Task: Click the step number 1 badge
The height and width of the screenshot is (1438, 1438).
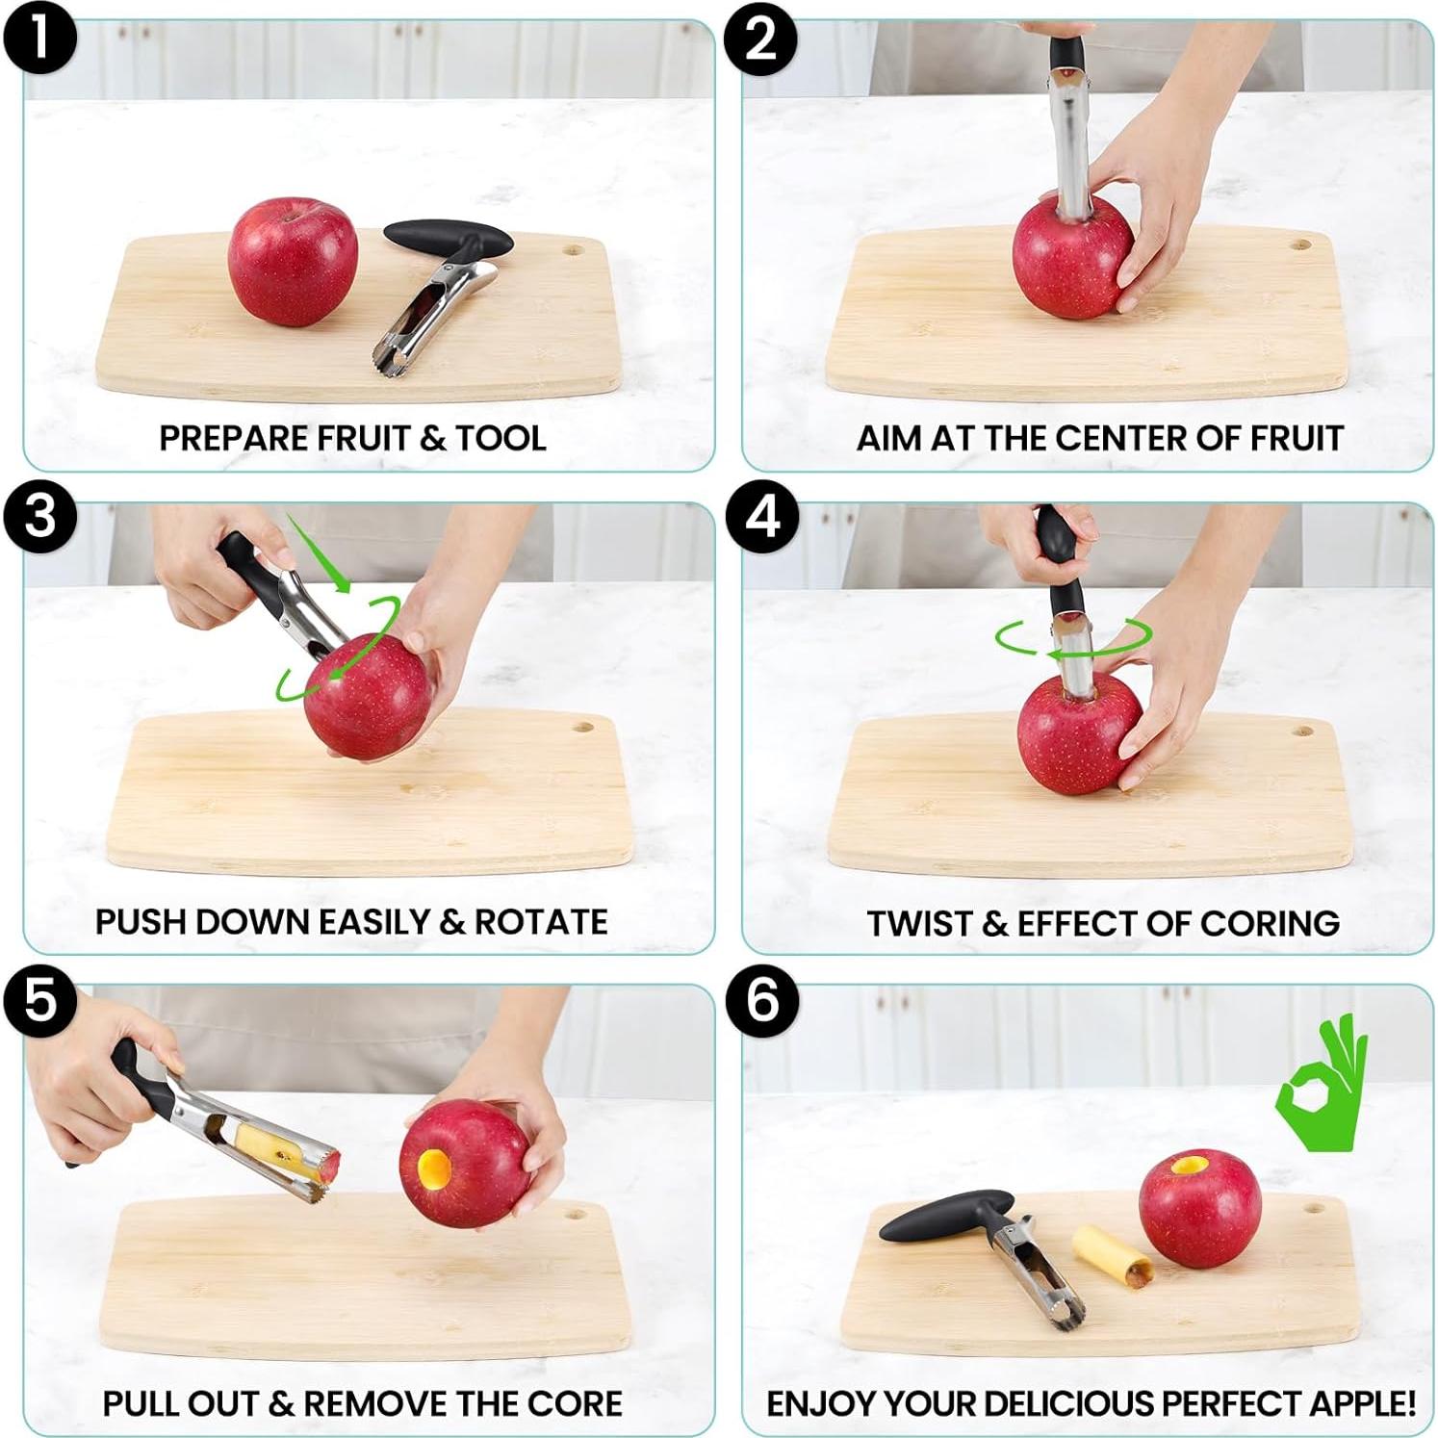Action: coord(39,39)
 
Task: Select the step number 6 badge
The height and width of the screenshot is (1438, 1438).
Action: coord(762,1000)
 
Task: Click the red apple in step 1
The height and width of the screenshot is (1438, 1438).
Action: coord(293,262)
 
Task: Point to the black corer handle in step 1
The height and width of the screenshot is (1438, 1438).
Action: coord(448,237)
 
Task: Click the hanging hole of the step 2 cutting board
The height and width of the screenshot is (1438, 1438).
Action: coord(1301,244)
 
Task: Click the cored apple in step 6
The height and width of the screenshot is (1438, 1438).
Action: coord(1199,1208)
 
